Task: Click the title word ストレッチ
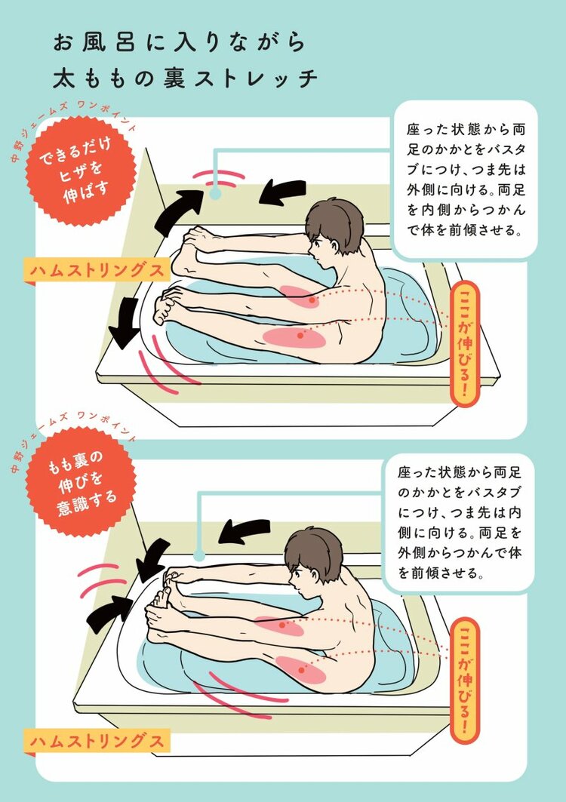257,79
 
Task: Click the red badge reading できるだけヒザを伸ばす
82,171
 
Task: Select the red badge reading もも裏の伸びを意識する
82,482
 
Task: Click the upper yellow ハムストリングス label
96,270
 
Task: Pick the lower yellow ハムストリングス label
96,742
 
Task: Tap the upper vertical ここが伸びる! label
465,344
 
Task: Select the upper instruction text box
465,181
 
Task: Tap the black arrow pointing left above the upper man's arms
282,193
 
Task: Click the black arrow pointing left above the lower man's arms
244,531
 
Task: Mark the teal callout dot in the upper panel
215,194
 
